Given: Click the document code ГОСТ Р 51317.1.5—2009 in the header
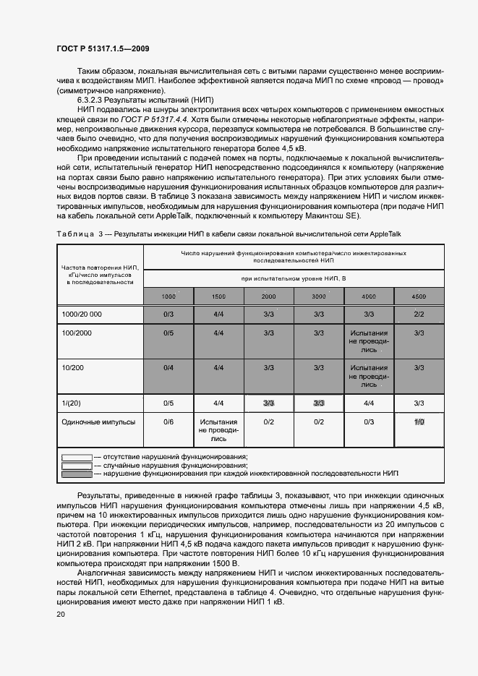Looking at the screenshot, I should point(103,48).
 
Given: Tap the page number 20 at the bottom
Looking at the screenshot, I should point(60,615).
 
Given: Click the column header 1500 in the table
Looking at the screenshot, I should point(218,297).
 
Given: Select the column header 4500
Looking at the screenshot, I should point(419,297).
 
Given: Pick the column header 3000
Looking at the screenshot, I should point(318,297).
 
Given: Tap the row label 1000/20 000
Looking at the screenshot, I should point(82,315).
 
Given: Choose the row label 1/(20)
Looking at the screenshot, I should point(72,403).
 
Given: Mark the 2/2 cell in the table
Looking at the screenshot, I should point(419,315).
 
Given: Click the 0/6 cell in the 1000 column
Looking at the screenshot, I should point(168,422).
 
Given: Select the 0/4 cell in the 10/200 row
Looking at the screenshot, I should point(168,368).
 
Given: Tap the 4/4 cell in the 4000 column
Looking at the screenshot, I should point(369,403).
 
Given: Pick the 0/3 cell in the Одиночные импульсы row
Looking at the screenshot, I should point(369,422).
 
